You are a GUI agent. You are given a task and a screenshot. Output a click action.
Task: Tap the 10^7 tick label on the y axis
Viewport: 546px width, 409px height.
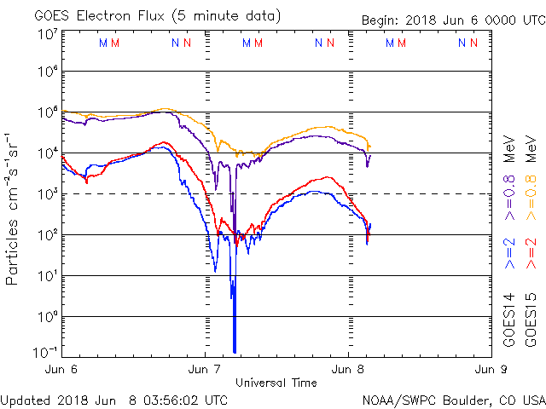pos(47,34)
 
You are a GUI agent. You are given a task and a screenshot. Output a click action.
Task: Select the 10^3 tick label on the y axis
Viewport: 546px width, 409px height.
pos(47,194)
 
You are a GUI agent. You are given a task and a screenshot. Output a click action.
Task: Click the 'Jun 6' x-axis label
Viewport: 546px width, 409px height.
pos(62,370)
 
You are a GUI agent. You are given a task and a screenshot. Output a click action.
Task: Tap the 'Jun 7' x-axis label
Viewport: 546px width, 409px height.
pos(205,370)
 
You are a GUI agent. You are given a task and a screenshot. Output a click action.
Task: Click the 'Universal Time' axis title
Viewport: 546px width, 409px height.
pos(276,383)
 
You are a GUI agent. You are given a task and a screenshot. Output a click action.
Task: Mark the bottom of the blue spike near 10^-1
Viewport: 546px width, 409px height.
pos(234,351)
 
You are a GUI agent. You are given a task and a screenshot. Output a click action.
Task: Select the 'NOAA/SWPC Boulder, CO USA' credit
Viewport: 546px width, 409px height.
pos(452,400)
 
